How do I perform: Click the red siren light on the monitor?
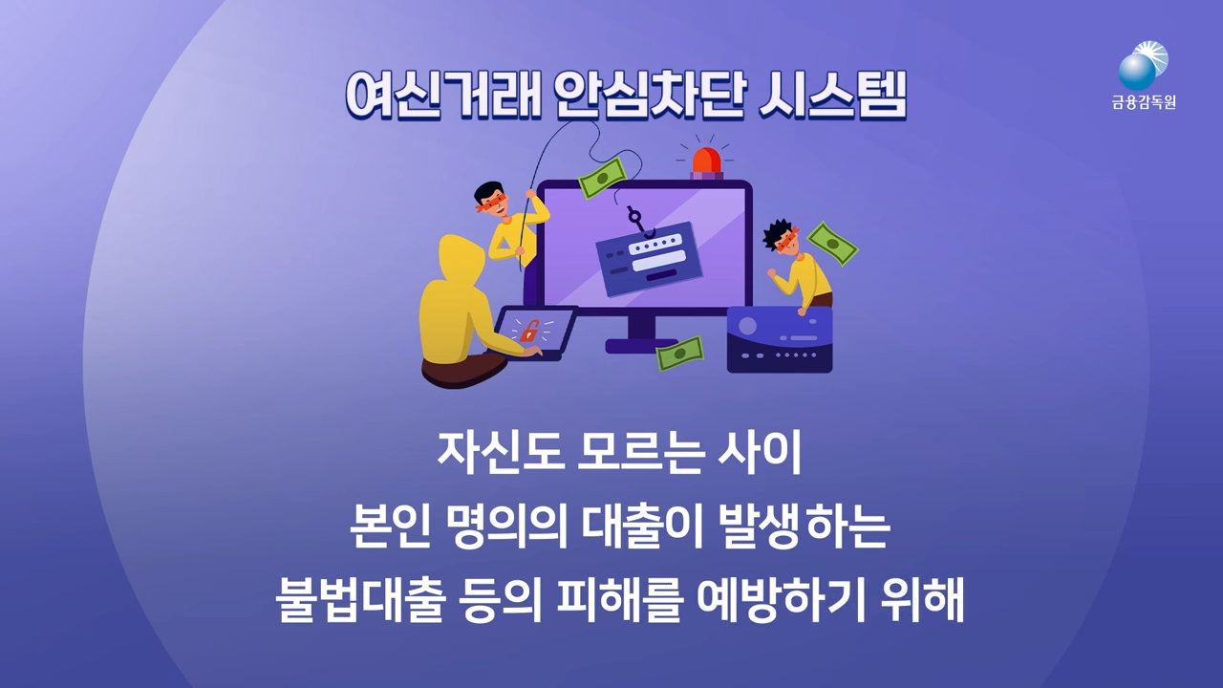coord(708,161)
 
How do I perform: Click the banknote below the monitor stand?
coord(679,354)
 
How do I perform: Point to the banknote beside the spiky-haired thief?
coord(832,244)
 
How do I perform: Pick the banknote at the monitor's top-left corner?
coord(602,178)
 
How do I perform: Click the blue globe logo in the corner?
coord(1139,69)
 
